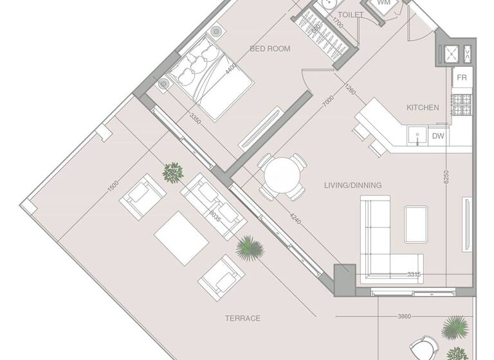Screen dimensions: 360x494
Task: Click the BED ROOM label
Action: click(270, 49)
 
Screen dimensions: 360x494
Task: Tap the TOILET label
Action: click(350, 15)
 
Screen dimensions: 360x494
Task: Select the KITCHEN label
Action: click(423, 107)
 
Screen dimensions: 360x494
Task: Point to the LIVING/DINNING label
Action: click(353, 185)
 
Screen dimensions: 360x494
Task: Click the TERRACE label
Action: click(242, 318)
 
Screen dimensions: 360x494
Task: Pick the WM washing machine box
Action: click(383, 3)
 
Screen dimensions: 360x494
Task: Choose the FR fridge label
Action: click(461, 78)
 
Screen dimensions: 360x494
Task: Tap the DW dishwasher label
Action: click(437, 136)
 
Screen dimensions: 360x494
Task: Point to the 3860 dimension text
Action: click(404, 316)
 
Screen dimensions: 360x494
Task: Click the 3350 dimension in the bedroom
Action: click(197, 119)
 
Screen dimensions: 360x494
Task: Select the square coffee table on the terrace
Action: click(181, 238)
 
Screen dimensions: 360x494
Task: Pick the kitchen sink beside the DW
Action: click(416, 136)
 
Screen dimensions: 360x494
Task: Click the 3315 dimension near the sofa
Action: click(414, 274)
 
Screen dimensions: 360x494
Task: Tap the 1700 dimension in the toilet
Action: click(338, 24)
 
